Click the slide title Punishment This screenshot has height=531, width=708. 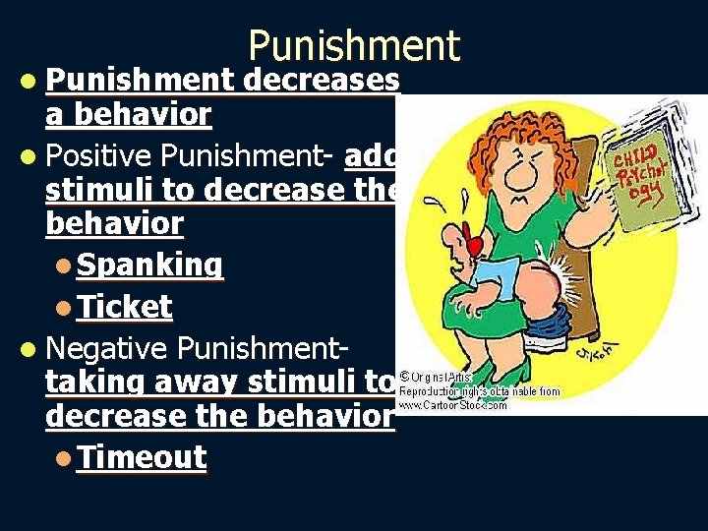pos(353,45)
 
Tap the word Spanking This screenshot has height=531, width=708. pos(150,265)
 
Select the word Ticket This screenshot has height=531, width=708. pos(126,307)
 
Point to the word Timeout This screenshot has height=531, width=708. pos(143,457)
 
